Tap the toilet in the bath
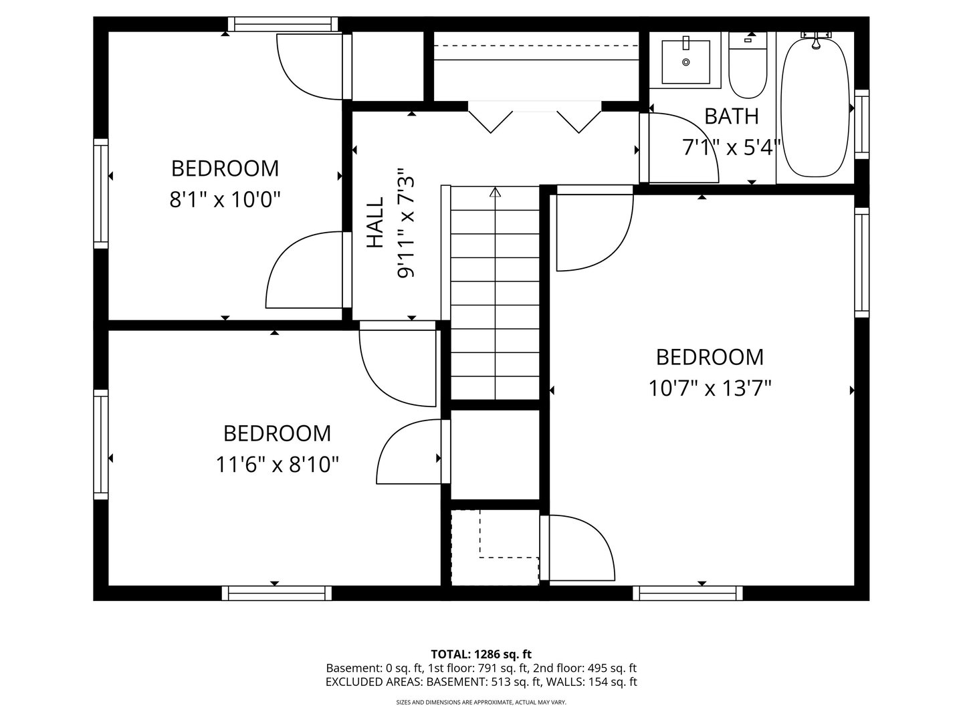748,67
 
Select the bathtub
815,107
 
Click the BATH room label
732,116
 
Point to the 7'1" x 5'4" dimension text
732,147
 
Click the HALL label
376,223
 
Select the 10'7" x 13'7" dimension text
710,388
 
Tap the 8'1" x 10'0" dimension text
225,199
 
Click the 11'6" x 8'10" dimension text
277,464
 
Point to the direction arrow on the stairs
495,193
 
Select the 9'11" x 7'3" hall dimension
407,223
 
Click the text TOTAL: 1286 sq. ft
481,654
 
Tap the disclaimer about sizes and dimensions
481,703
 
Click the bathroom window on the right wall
861,124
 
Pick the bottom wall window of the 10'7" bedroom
687,593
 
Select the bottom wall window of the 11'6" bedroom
277,593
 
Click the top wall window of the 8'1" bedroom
281,25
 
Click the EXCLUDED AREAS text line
481,682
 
